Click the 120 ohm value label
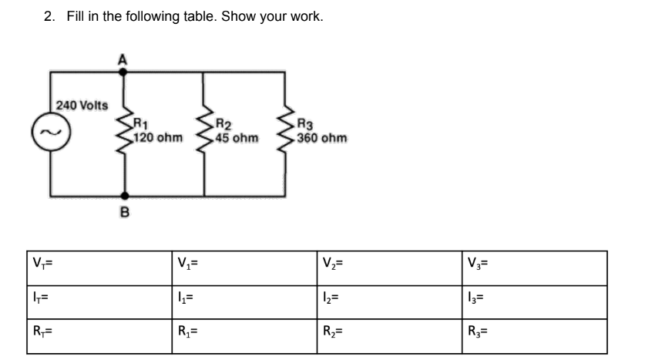(157, 138)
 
